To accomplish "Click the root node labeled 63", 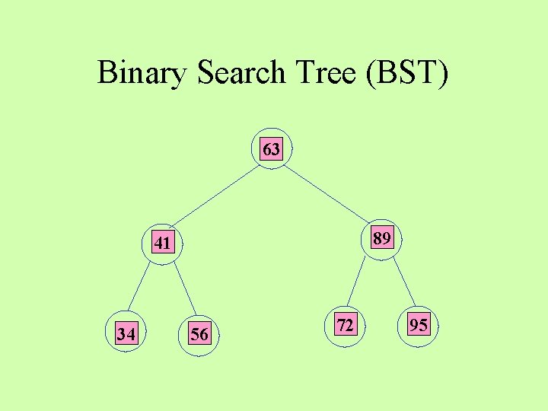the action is tap(271, 149).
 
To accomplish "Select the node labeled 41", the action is tap(162, 244).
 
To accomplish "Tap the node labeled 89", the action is tap(381, 240).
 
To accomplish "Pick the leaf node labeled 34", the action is tap(126, 333).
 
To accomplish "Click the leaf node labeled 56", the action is tap(199, 334).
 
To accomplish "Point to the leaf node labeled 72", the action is tap(345, 327).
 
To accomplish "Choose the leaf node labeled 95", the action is tap(418, 327).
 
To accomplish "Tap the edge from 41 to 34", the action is tap(142, 288).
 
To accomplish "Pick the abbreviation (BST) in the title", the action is tap(407, 73).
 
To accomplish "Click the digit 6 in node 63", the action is tap(267, 149).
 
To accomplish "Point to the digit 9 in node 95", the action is tap(414, 327).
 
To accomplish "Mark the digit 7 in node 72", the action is tap(341, 327).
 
